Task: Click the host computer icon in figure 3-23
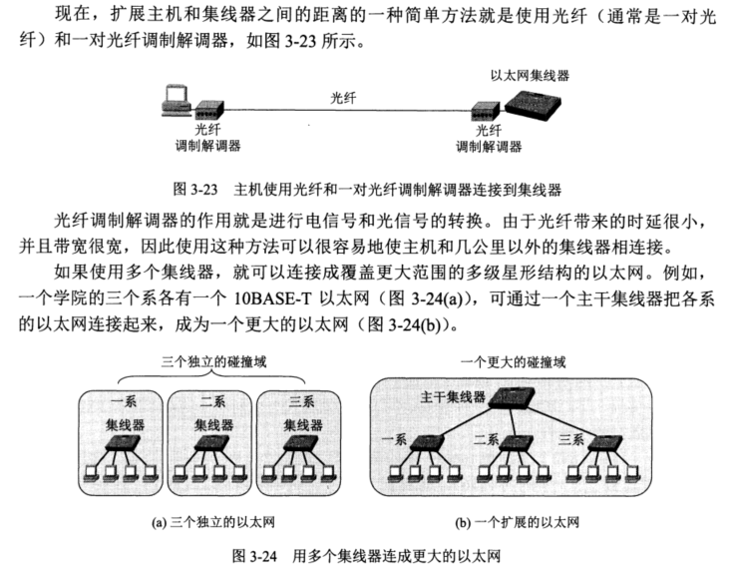[x=177, y=99]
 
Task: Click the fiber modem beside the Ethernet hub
[x=487, y=111]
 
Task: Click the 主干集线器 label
[x=453, y=397]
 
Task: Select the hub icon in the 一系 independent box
[x=123, y=443]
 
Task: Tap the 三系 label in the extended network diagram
[x=571, y=439]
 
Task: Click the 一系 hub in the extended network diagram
[x=430, y=440]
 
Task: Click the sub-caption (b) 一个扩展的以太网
[x=518, y=521]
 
